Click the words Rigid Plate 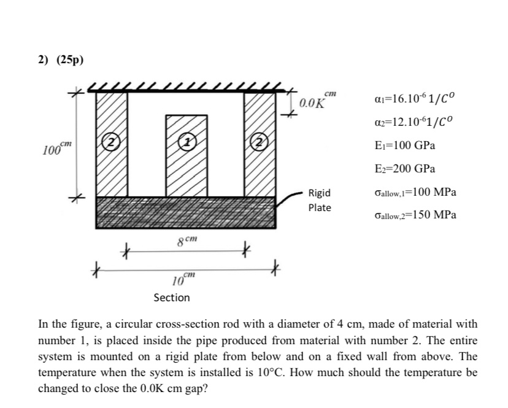pos(319,200)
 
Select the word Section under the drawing pos(172,298)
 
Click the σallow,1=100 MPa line pos(414,192)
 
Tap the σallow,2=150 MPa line pos(414,215)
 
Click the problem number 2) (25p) pos(60,60)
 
